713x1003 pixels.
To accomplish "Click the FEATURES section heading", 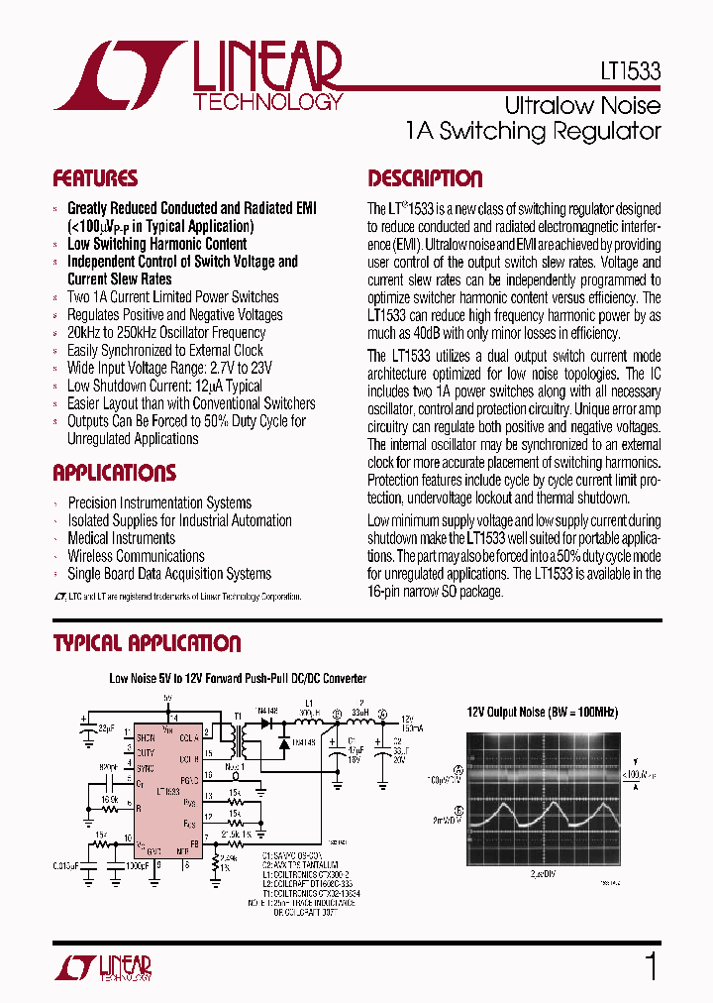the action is pyautogui.click(x=95, y=179).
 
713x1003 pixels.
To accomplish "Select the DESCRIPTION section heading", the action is pyautogui.click(x=425, y=179).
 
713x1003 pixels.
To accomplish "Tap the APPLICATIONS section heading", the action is pyautogui.click(x=114, y=473).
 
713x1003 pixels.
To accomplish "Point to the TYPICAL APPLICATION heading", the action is pyautogui.click(x=147, y=644).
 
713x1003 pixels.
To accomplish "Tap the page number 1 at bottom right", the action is pyautogui.click(x=651, y=966).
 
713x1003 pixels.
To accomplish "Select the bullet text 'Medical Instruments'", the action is pyautogui.click(x=121, y=538).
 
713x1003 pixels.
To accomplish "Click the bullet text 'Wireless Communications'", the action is pyautogui.click(x=136, y=556).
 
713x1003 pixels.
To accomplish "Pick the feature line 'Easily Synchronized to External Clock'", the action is pyautogui.click(x=164, y=350).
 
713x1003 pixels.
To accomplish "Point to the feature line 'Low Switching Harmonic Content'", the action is pyautogui.click(x=156, y=244).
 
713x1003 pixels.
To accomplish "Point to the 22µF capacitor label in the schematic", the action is pyautogui.click(x=104, y=729).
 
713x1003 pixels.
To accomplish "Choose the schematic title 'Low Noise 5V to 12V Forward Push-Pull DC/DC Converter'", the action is pyautogui.click(x=237, y=679).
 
